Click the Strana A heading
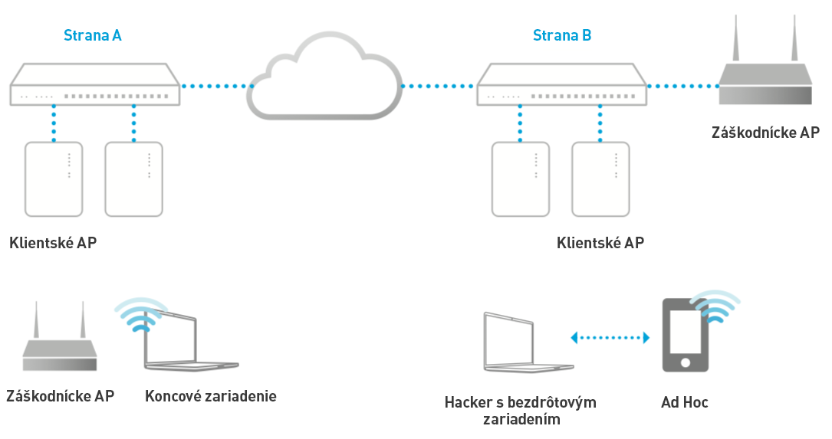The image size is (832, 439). point(92,35)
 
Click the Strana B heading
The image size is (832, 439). point(562,35)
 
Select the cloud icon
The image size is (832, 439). point(325,77)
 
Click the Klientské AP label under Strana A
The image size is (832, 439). point(53,244)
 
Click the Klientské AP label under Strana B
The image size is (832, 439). point(600,244)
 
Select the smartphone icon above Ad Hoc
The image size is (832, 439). point(686,336)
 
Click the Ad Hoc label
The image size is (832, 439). point(685,402)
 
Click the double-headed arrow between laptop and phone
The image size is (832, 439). point(610,337)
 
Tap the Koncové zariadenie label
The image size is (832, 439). point(210,396)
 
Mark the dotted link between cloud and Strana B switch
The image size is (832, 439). point(439,86)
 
